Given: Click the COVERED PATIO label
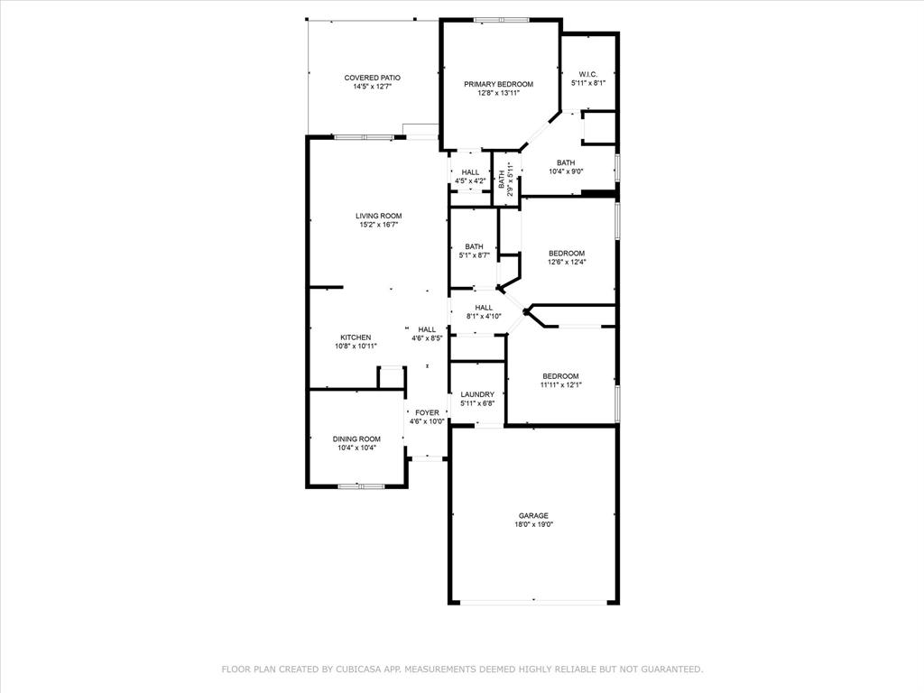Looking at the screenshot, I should point(372,79).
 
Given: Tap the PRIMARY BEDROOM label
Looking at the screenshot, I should point(498,84).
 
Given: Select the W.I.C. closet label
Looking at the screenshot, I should point(587,74).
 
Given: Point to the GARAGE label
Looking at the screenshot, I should point(533,516).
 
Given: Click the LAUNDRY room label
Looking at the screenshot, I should point(476,394).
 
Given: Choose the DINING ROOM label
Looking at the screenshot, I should point(356,439).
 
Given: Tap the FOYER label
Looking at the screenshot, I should point(427,412).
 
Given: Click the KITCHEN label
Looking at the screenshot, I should point(355,337).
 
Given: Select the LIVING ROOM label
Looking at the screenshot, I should point(378,216).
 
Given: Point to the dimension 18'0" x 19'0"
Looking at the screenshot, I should point(533,524).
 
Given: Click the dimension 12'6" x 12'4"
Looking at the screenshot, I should point(566,262).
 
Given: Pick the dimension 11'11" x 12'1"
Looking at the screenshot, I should point(560,384).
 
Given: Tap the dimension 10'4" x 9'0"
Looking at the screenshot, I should point(566,171).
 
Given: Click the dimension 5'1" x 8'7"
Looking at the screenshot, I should point(474,255).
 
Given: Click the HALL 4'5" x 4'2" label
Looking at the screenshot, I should point(470,176).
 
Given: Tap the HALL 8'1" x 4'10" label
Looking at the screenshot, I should point(484,311).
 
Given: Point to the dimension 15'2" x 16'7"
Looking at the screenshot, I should point(378,225).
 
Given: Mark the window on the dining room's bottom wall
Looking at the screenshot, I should point(361,486).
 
